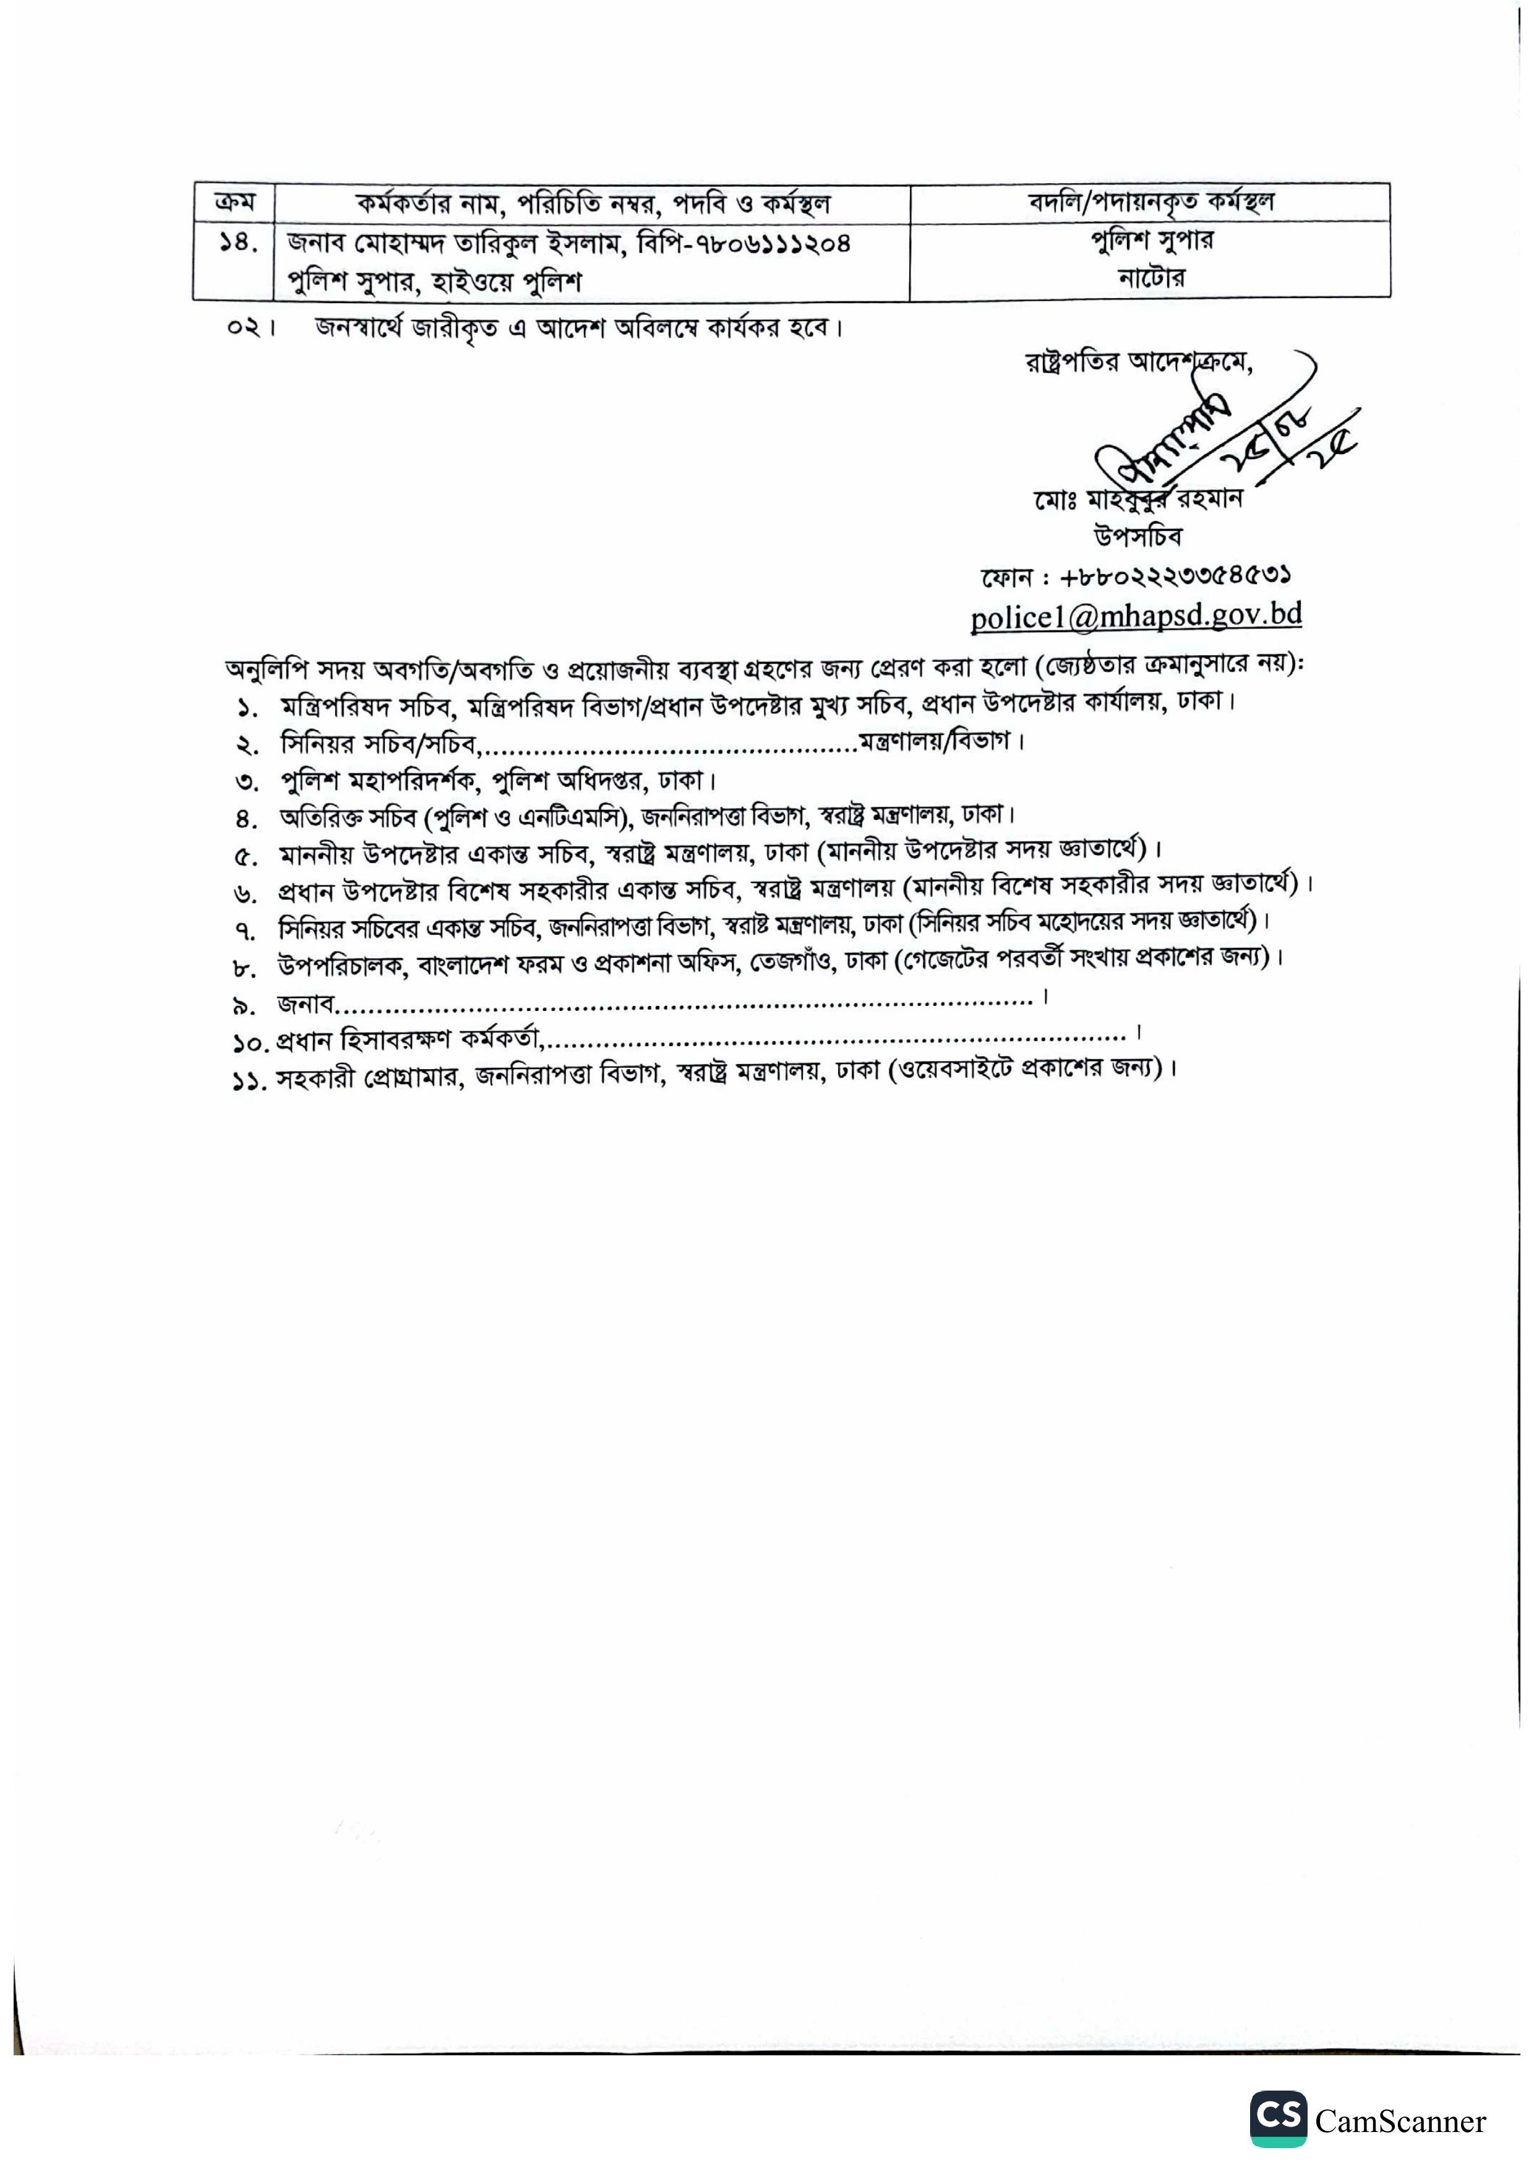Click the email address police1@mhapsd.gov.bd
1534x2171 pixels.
coord(1136,616)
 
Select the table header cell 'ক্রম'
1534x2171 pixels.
coord(233,202)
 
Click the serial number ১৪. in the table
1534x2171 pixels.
coord(233,244)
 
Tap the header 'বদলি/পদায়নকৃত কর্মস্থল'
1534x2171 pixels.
coord(1150,202)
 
